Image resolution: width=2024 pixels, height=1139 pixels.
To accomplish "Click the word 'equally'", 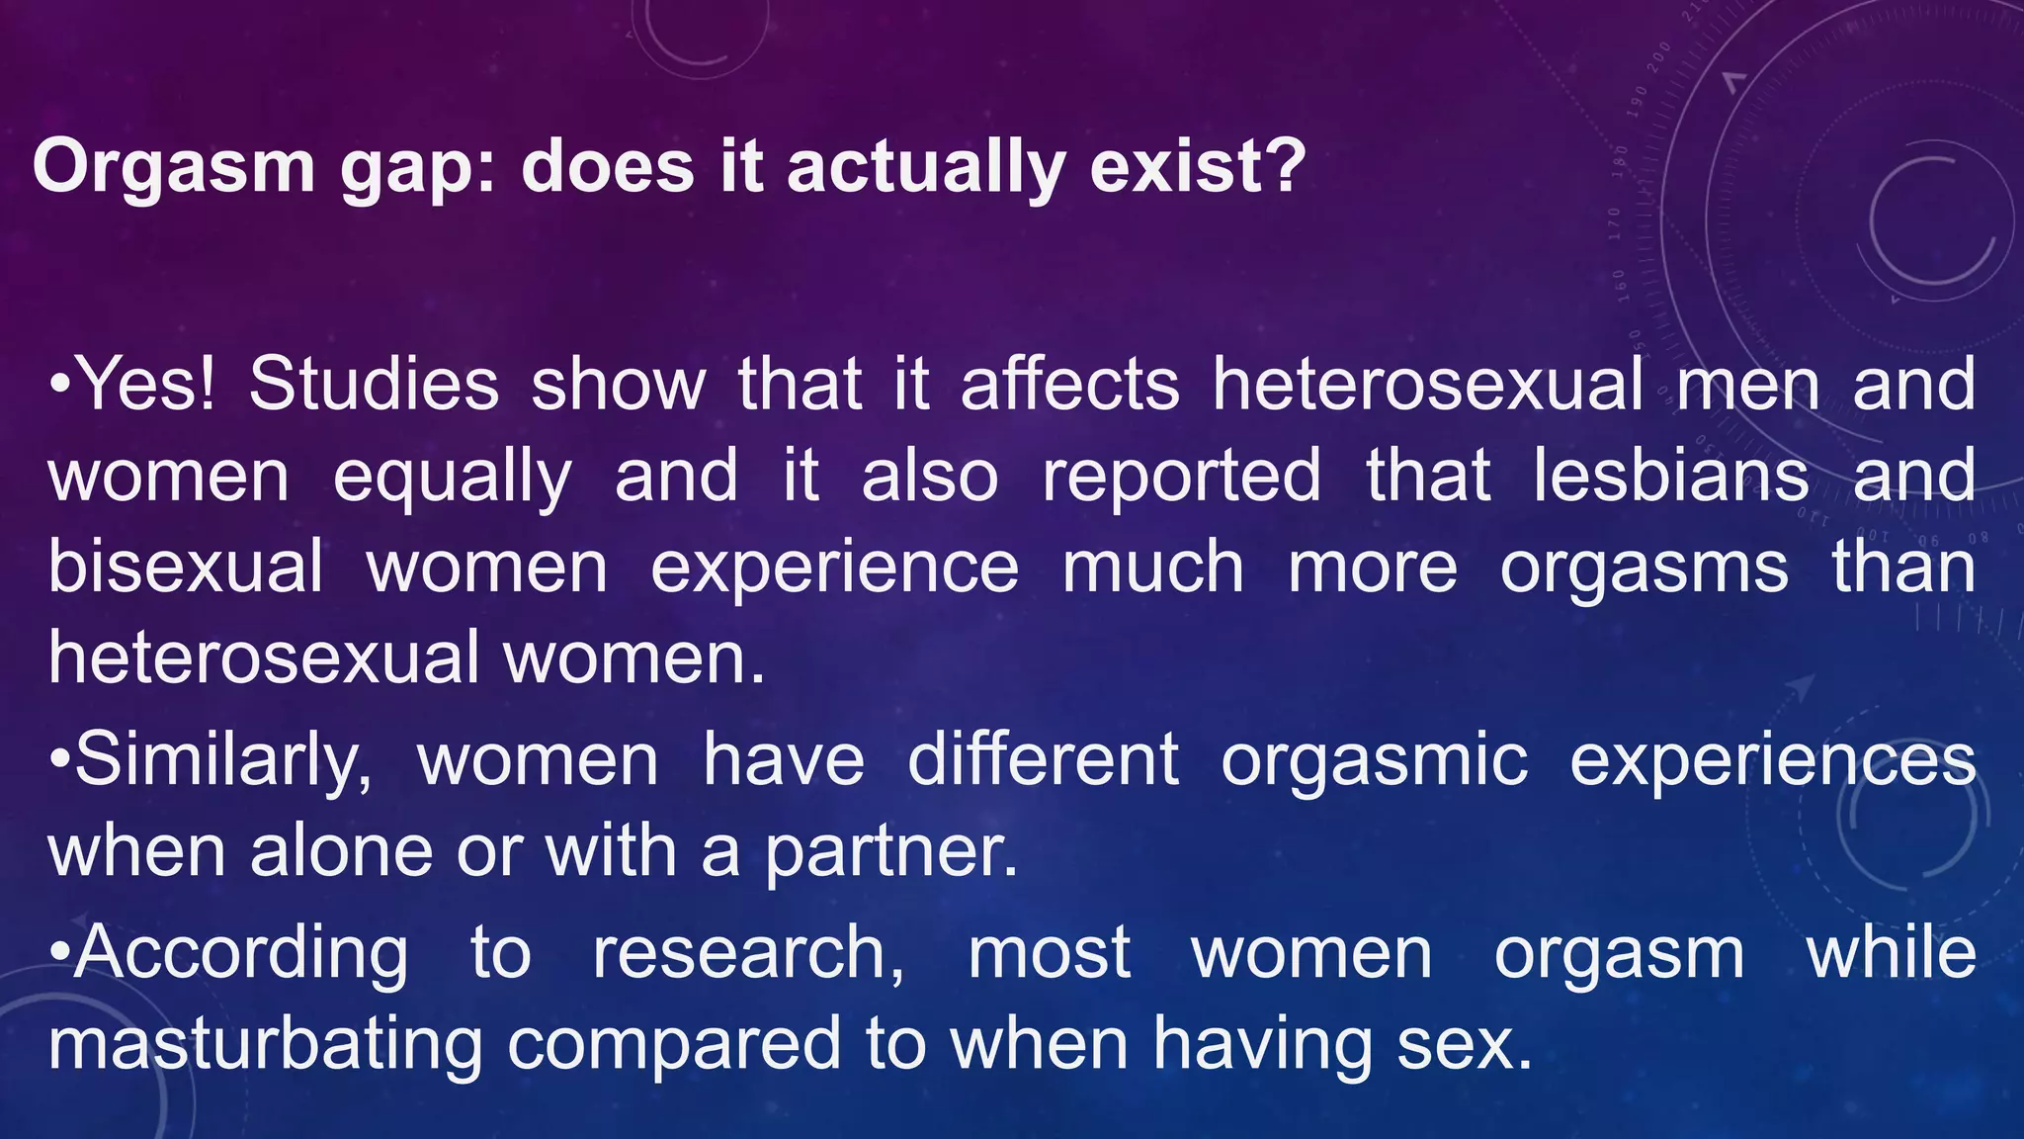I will coord(452,479).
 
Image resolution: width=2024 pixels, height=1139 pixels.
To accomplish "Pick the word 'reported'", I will coord(1181,479).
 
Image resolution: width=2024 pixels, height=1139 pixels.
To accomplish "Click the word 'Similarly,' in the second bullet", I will coord(223,762).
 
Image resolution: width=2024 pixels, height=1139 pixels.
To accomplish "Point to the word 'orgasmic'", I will coord(1374,762).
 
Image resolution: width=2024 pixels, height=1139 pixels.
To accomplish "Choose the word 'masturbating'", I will coord(265,1046).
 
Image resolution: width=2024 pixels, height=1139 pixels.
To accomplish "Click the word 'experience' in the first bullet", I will coord(834,569).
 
